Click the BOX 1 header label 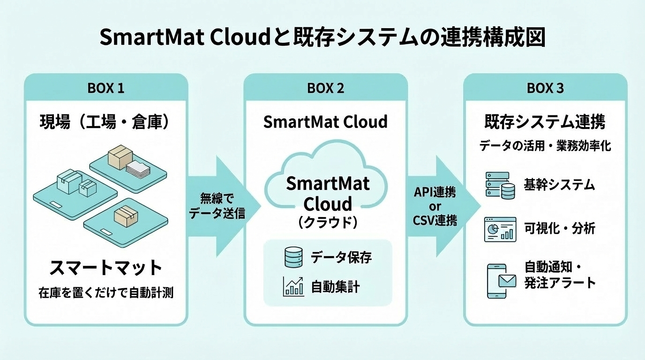106,88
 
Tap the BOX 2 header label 326,88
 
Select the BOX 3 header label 545,88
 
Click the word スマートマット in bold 106,269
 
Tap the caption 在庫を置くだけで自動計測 106,294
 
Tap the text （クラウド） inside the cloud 328,222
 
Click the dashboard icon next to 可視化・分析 500,229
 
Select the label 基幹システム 559,185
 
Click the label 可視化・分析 559,229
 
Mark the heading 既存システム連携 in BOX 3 545,122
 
